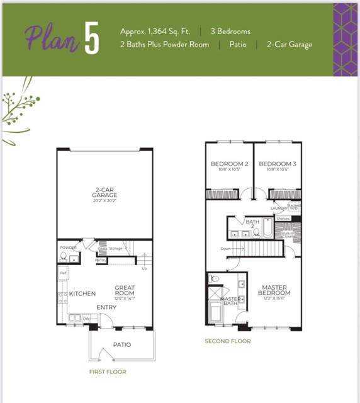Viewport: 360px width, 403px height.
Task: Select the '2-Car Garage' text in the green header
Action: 289,45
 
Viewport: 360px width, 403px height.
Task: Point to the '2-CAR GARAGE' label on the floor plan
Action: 104,191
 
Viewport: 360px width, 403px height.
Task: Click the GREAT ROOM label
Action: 125,292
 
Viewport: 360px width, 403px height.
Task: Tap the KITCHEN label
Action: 82,294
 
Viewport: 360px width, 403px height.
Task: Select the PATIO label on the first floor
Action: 121,345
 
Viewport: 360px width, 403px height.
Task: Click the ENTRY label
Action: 106,308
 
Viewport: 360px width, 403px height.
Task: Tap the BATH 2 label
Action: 252,223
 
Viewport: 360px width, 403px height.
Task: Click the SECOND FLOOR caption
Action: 227,341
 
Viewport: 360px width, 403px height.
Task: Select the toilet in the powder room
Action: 64,257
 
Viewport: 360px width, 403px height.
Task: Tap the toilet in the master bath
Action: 215,279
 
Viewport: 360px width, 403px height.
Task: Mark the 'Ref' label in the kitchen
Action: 63,273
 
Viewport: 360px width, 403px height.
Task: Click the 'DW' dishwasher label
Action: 86,319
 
